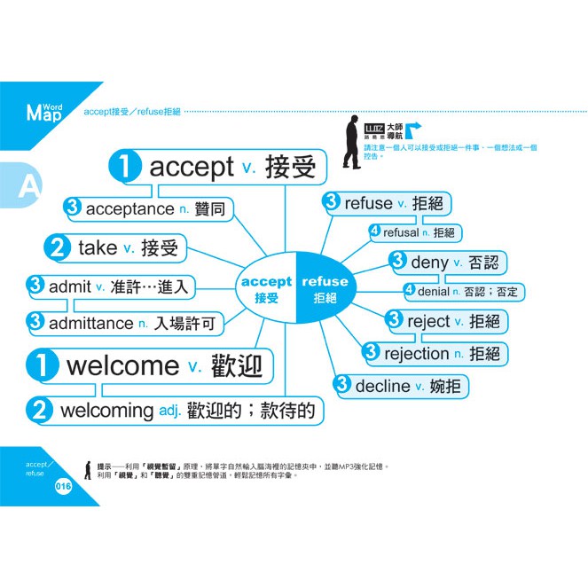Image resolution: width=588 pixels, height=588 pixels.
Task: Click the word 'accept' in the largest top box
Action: pyautogui.click(x=191, y=168)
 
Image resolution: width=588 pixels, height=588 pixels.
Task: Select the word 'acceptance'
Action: pyautogui.click(x=129, y=208)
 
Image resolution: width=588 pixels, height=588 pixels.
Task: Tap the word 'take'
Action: pyautogui.click(x=98, y=248)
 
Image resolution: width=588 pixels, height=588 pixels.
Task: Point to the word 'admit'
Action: pyautogui.click(x=69, y=286)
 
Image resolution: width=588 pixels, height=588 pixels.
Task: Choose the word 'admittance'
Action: pyautogui.click(x=90, y=324)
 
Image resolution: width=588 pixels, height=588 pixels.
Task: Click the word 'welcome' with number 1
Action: pyautogui.click(x=122, y=365)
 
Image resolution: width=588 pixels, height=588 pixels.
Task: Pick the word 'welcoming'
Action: pyautogui.click(x=106, y=411)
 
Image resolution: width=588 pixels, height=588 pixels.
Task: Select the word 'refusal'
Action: pyautogui.click(x=400, y=232)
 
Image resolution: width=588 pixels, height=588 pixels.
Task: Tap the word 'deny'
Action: pyautogui.click(x=429, y=263)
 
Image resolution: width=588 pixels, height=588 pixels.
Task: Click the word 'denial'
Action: pyautogui.click(x=433, y=291)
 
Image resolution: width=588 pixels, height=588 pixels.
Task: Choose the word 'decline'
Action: pyautogui.click(x=382, y=387)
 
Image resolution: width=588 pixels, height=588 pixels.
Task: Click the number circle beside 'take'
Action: pyautogui.click(x=59, y=249)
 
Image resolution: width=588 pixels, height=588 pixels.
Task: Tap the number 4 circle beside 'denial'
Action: pyautogui.click(x=409, y=290)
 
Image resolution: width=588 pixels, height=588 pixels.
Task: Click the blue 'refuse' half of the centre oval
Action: pyautogui.click(x=325, y=289)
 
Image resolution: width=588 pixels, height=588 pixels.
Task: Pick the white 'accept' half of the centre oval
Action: pyautogui.click(x=266, y=289)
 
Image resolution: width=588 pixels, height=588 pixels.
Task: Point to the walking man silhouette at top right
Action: pyautogui.click(x=352, y=141)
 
